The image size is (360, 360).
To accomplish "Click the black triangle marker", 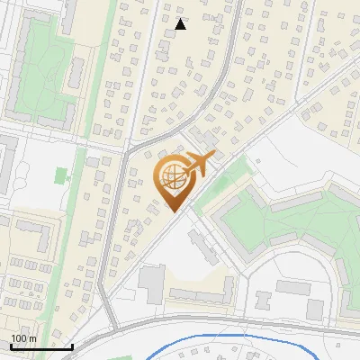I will coord(181,24).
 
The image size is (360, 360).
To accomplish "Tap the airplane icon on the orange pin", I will coord(198,165).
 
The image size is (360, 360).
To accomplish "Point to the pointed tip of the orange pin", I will coord(170,212).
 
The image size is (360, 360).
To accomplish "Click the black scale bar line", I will coord(40,346).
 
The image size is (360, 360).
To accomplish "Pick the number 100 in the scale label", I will coord(19,338).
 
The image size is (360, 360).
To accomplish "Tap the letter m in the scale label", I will coord(32,338).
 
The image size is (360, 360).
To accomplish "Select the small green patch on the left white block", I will coord(61,175).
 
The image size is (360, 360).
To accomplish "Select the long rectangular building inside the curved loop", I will coord(292,288).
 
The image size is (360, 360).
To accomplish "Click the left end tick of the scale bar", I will coord(10,346).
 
